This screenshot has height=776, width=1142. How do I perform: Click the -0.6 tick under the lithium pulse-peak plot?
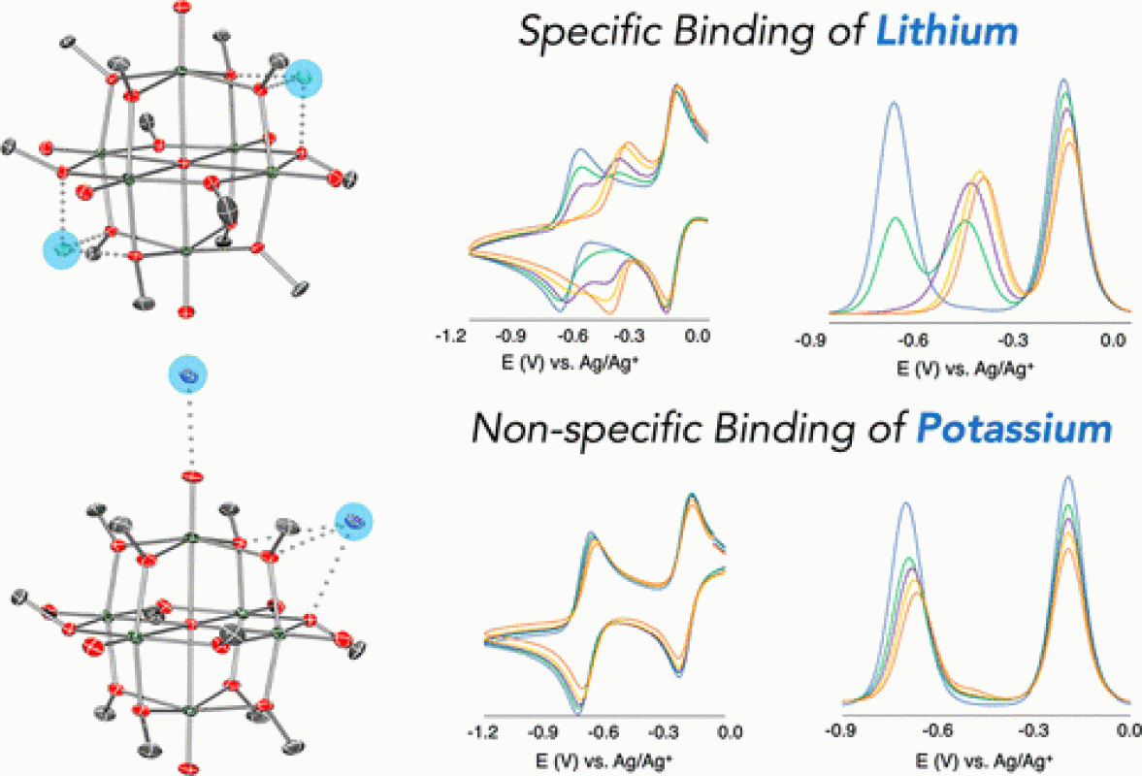pyautogui.click(x=910, y=340)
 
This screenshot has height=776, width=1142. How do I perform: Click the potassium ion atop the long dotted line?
pyautogui.click(x=188, y=374)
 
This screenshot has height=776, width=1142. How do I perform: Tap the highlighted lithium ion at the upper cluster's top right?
pyautogui.click(x=305, y=77)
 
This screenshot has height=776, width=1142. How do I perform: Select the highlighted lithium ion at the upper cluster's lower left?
pyautogui.click(x=63, y=249)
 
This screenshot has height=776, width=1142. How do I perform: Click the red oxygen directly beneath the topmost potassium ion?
pyautogui.click(x=192, y=476)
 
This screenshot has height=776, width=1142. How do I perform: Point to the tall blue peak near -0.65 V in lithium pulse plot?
pyautogui.click(x=893, y=103)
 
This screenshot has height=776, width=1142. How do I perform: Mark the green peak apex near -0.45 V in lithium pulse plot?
pyautogui.click(x=965, y=222)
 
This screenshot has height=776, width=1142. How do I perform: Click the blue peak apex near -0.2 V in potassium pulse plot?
pyautogui.click(x=1067, y=476)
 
